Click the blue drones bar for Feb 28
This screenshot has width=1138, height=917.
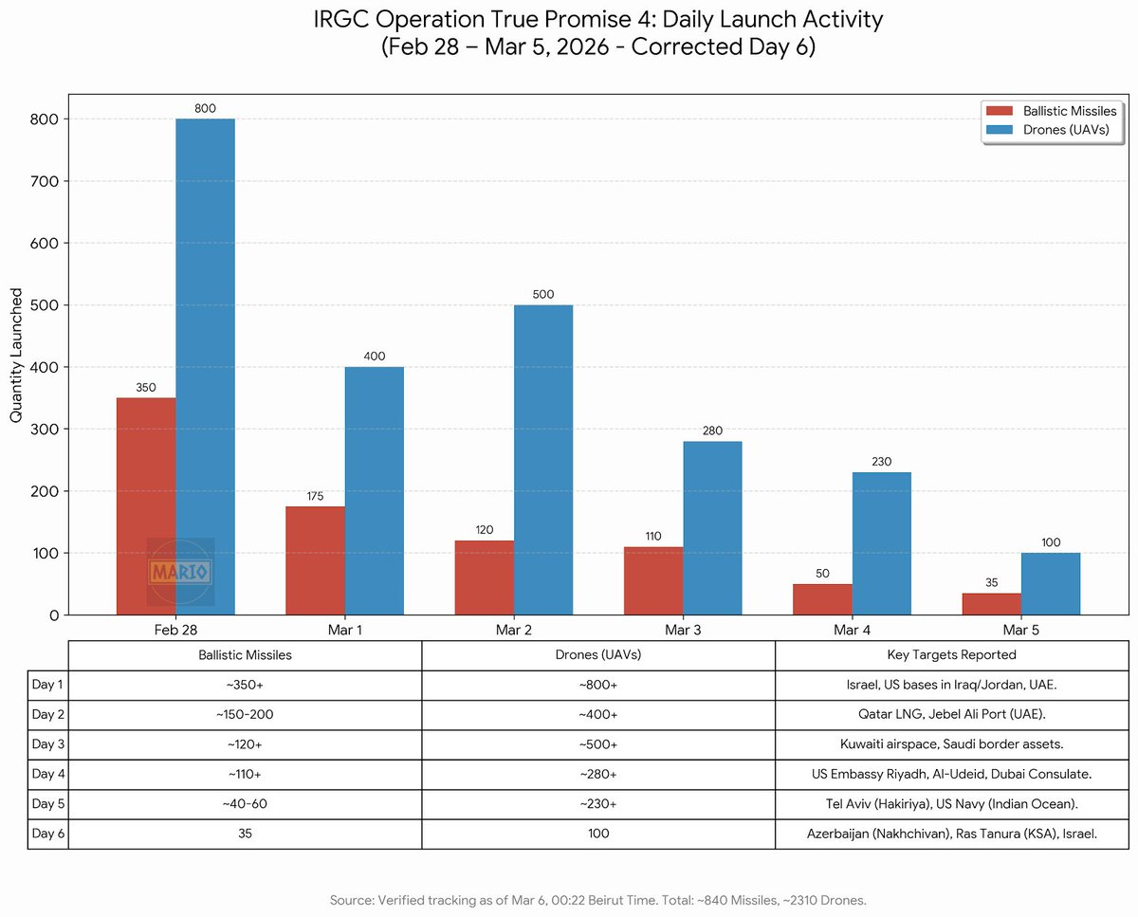click(205, 366)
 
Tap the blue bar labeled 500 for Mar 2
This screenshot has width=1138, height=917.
click(543, 459)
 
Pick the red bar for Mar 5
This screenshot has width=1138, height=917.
click(991, 604)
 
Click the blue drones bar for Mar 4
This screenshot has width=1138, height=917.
click(881, 543)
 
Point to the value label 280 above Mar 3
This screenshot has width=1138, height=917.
click(712, 431)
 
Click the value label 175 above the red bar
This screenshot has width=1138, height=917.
click(315, 496)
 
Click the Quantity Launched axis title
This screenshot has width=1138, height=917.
click(17, 356)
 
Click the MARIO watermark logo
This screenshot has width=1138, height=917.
click(180, 572)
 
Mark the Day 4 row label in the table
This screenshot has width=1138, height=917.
click(47, 774)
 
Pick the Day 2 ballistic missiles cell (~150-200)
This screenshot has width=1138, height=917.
click(245, 715)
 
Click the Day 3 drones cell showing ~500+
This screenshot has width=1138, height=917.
click(598, 744)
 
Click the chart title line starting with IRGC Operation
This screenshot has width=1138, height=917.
click(597, 19)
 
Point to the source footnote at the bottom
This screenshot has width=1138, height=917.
click(597, 899)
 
